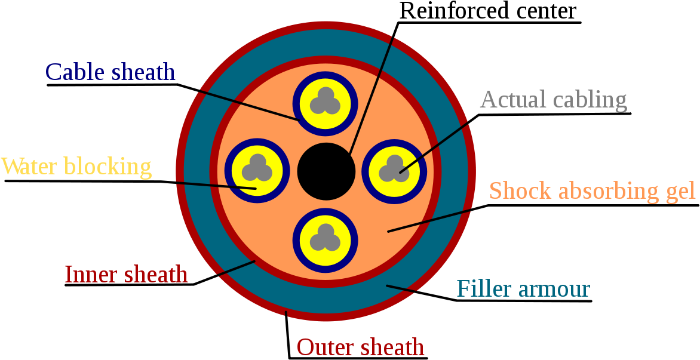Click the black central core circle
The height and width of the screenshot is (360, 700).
pos(326,171)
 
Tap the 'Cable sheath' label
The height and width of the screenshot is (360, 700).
pos(110,72)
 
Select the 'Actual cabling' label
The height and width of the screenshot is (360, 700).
pos(554,100)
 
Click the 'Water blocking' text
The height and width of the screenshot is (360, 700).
pos(76,167)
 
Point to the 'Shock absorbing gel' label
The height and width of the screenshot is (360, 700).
pos(592,191)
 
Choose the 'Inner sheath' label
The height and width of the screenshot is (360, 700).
pos(126,275)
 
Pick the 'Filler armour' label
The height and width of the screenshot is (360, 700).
pos(523,289)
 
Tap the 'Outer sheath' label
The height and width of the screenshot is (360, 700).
pos(360,347)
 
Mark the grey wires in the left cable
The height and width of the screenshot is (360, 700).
pos(257,169)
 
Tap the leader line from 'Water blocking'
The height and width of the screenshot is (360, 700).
pos(215,185)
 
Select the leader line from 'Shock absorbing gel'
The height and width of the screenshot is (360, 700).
pos(430,220)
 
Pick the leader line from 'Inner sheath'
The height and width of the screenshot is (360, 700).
pos(237,268)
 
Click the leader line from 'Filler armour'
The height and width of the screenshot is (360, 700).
pos(401,288)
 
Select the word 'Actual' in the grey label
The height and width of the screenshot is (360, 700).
pos(513,100)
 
